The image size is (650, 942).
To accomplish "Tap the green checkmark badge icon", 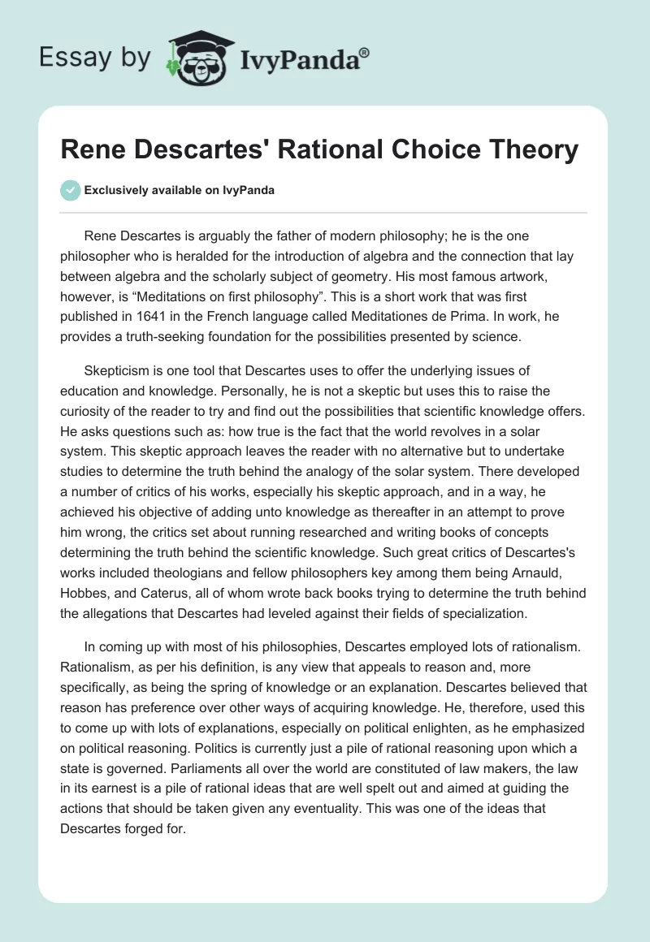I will [70, 190].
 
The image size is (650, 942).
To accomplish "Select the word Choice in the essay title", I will [431, 149].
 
